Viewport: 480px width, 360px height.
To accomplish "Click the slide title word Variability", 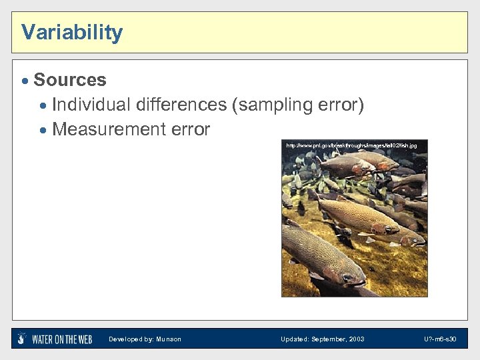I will pos(72,32).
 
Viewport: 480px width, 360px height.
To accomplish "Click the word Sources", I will pos(69,80).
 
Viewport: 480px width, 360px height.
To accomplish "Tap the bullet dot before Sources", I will pos(25,81).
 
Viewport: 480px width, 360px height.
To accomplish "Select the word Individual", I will pos(91,105).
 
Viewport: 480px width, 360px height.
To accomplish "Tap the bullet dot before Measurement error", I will pos(43,130).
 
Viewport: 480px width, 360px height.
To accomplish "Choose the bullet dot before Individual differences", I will pos(43,105).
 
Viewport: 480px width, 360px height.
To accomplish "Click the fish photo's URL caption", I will pos(351,145).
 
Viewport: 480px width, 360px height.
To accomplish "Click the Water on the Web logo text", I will pos(62,339).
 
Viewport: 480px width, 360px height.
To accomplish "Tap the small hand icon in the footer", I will pos(22,339).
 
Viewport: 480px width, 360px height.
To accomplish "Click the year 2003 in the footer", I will pos(356,339).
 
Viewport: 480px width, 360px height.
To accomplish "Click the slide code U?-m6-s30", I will pos(439,339).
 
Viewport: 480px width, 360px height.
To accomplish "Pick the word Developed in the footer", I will pos(125,339).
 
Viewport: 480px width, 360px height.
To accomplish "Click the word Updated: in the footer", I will pos(294,339).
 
